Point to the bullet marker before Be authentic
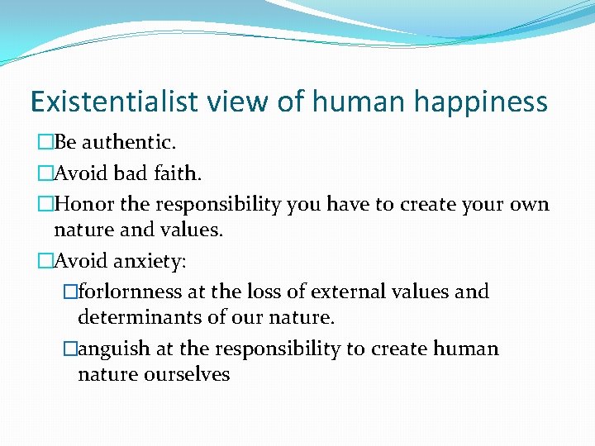tap(45, 143)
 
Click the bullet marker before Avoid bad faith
tap(45, 173)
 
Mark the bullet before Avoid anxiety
tap(45, 261)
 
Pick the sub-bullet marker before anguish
tap(69, 349)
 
